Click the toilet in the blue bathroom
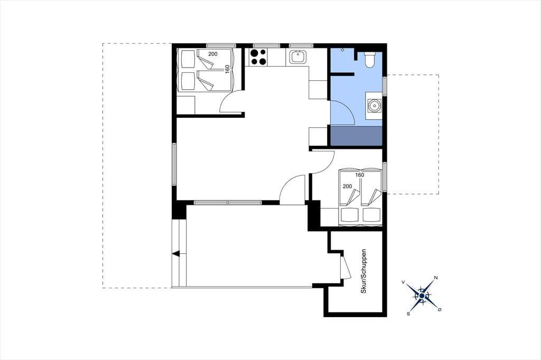point(369,59)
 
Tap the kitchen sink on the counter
point(296,57)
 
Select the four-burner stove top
point(258,57)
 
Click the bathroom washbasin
point(374,106)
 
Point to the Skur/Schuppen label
point(363,271)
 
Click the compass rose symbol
point(422,296)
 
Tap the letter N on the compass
point(436,278)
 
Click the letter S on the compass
point(408,314)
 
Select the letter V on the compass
point(403,282)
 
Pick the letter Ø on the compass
point(440,310)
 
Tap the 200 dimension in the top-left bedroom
point(213,54)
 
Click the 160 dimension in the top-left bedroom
point(227,69)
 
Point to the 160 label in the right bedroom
point(359,175)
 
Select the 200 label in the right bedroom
point(348,186)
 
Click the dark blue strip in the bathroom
point(357,136)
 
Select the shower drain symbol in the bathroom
point(342,50)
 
